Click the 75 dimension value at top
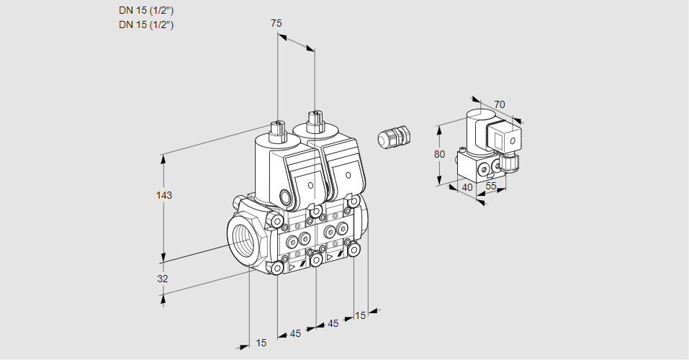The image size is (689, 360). (x=276, y=23)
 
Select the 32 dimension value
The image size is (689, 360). (x=162, y=279)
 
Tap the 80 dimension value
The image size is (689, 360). (x=441, y=154)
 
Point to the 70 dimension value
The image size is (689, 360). (x=500, y=104)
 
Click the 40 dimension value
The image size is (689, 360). (x=467, y=187)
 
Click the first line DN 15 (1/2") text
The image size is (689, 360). (x=147, y=10)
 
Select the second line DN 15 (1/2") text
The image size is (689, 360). (x=147, y=24)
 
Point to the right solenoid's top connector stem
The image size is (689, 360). (x=314, y=120)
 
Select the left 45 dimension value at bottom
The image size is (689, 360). (x=295, y=333)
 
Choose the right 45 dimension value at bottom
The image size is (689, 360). (x=333, y=323)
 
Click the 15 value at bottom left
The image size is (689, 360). (x=261, y=343)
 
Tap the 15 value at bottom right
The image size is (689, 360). (x=360, y=315)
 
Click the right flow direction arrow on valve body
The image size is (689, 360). (x=330, y=256)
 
